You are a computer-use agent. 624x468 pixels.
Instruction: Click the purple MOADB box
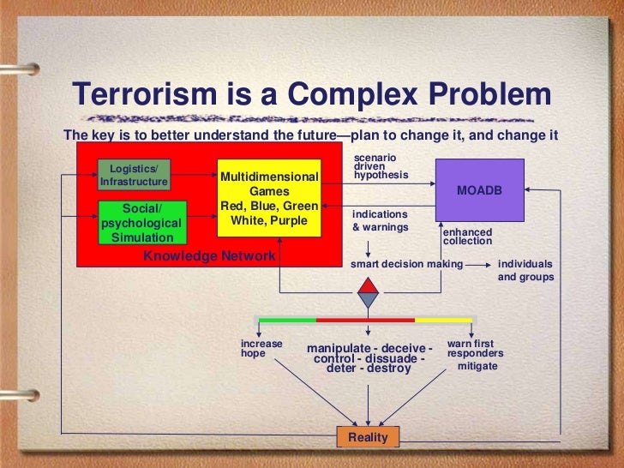(479, 189)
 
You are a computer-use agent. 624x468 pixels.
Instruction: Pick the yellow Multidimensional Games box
(269, 199)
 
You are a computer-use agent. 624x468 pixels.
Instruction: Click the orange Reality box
(368, 437)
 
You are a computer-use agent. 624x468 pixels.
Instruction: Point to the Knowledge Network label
(209, 255)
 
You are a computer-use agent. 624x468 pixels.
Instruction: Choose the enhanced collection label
(467, 237)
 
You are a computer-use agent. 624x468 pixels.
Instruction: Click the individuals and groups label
(525, 271)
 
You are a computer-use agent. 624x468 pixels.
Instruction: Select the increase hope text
(261, 348)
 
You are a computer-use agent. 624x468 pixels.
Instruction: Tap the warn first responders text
(475, 349)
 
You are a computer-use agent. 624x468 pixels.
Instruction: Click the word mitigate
(477, 366)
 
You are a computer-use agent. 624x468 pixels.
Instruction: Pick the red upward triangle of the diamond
(368, 285)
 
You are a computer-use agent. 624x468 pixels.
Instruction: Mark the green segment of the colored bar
(287, 320)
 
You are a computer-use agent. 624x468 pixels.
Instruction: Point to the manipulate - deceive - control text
(369, 353)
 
